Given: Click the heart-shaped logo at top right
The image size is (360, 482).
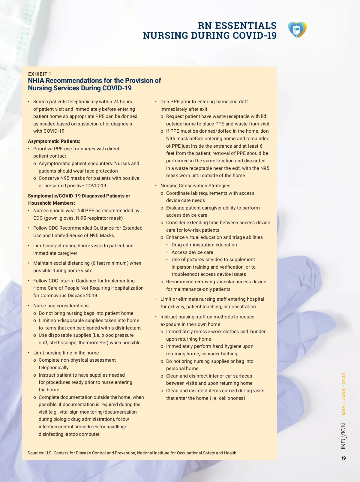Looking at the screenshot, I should pos(297,30).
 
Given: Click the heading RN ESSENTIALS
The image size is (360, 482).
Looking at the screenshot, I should pos(237,26).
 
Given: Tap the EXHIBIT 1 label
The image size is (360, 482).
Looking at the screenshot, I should pos(40,74).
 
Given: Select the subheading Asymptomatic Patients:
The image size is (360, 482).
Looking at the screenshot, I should pos(54,141).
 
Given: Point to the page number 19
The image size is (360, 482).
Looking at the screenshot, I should pos(343,458).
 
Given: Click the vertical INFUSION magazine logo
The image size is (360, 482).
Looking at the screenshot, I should pos(343,436).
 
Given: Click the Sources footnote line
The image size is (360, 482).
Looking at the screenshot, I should pos(132,453).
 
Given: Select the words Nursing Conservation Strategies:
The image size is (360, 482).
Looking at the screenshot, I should pos(196,186).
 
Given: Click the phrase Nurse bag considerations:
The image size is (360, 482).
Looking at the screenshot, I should pos(61,306).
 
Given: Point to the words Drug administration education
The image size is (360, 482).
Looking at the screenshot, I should pos(204,245).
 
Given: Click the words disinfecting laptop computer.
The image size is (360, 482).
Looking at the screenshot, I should pos(70,434).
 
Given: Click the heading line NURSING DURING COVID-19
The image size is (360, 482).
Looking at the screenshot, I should pos(209,36).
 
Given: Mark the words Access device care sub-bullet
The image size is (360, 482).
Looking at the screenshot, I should pos(192,252).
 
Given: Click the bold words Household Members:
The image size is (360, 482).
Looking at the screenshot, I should pos(51,203).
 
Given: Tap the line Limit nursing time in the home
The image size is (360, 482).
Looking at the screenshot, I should pos(66,353).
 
